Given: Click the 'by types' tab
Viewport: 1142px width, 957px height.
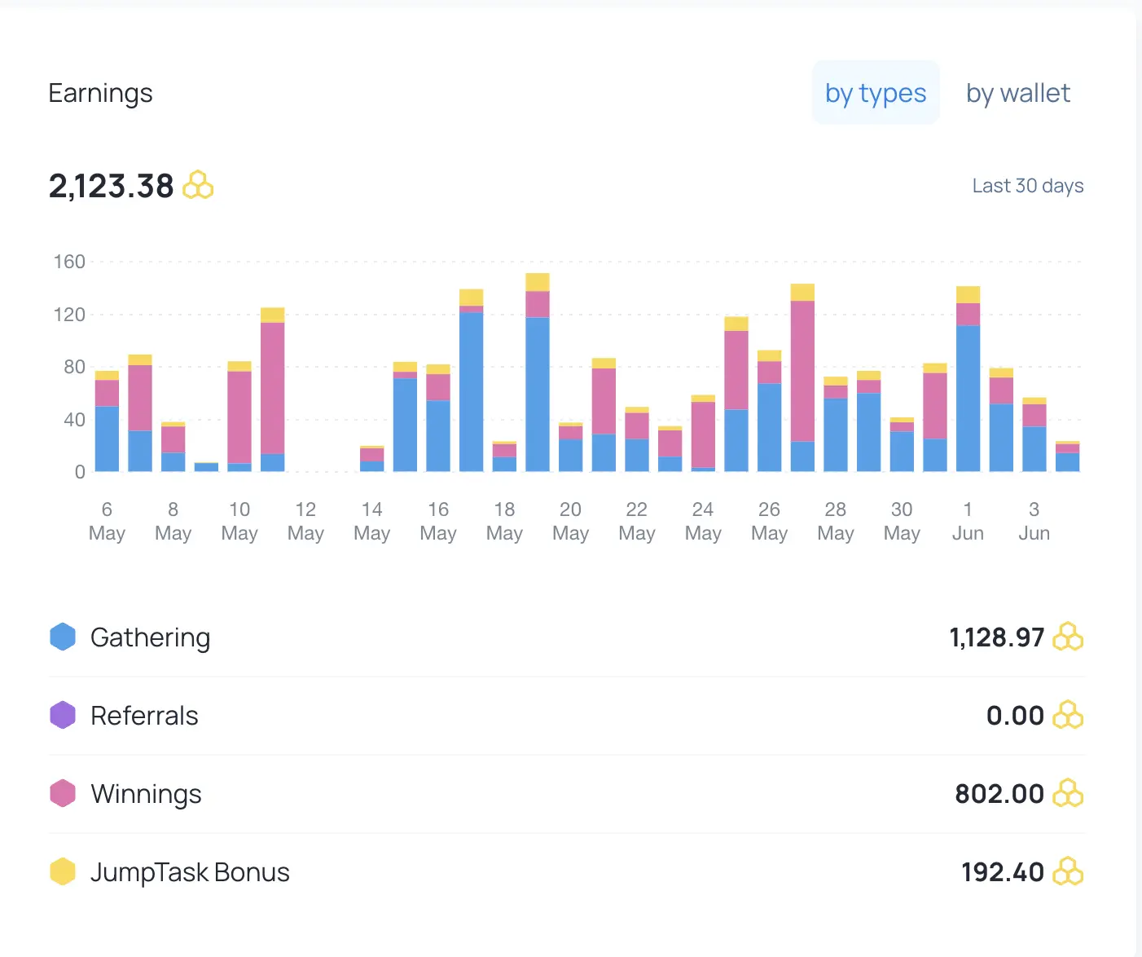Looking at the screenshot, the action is coord(876,93).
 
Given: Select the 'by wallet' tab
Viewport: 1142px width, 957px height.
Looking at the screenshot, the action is coord(1018,93).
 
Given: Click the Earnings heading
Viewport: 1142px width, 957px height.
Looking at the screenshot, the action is coord(101,93).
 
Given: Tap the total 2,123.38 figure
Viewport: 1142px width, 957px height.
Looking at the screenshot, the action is coord(111,186).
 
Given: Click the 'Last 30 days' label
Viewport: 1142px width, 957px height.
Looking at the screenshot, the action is coord(1028,186).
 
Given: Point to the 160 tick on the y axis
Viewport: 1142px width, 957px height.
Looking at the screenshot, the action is coord(69,262).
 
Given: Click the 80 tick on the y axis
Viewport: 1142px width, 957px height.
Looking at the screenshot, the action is coord(74,367).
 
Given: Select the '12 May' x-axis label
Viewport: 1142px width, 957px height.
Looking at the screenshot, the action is coord(305,521).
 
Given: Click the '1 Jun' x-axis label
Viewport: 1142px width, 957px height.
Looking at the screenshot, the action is coord(968,521).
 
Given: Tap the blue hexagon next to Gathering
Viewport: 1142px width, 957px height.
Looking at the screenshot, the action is coord(63,637).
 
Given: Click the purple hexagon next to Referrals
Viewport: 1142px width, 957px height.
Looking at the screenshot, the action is coord(63,715).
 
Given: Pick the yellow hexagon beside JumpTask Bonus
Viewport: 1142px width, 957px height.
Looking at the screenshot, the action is coord(63,871).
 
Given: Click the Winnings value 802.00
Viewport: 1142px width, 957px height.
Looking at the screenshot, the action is coord(999,794).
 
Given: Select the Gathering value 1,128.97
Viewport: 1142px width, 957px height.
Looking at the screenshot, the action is coord(996,637).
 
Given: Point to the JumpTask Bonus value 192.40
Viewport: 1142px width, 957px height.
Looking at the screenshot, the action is coord(1003,872).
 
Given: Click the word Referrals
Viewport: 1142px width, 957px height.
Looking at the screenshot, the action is coord(144,716).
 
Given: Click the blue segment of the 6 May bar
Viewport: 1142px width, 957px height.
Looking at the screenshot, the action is coord(108,439).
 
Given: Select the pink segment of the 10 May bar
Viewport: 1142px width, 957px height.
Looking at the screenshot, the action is coord(239,417).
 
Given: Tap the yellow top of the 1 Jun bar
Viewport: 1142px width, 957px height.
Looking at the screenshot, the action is coord(968,294).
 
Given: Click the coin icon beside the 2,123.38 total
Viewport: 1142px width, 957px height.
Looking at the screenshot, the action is coord(198,185).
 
